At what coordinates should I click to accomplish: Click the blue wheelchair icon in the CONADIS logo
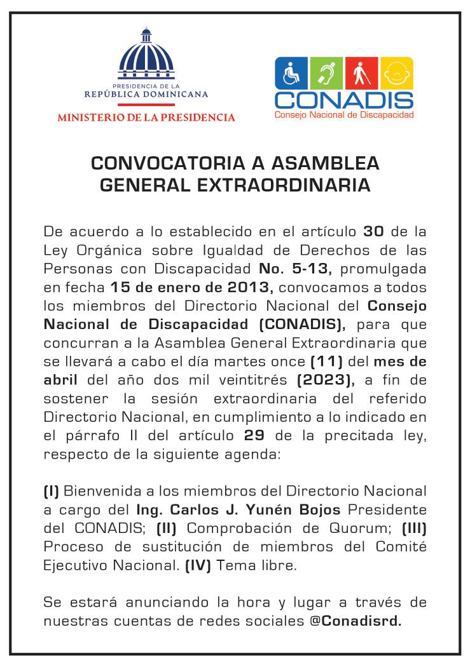(x=292, y=74)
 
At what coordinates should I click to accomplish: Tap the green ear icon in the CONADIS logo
(x=327, y=74)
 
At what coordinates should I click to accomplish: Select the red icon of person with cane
(x=362, y=74)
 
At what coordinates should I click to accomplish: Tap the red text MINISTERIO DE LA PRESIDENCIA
(x=146, y=118)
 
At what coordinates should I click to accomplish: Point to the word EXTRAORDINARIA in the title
(x=291, y=185)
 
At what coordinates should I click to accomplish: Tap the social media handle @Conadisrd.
(x=356, y=620)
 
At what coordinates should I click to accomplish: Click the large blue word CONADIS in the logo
(x=344, y=100)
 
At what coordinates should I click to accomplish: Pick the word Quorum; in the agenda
(x=352, y=528)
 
